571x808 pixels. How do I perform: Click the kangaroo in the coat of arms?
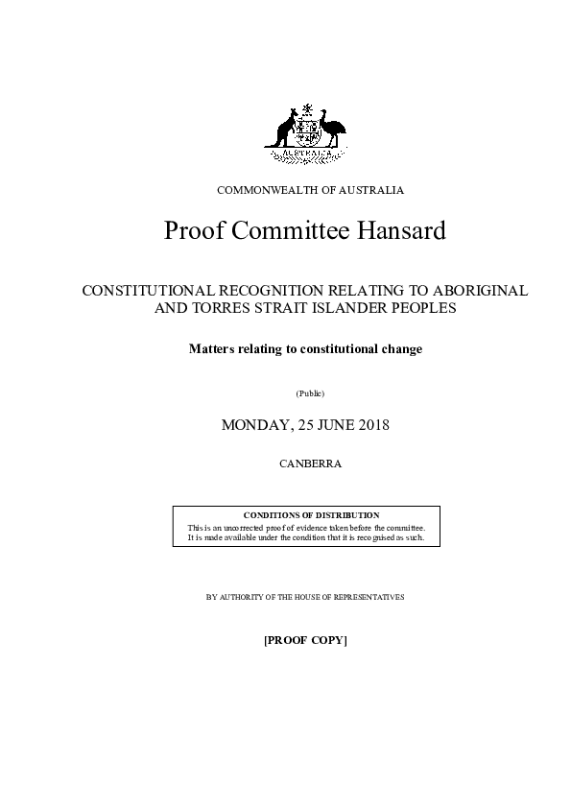click(285, 128)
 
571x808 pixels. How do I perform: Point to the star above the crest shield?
click(306, 107)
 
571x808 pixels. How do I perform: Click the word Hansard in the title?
click(401, 232)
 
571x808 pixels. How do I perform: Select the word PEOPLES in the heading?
click(419, 308)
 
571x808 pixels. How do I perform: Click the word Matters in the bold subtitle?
click(212, 349)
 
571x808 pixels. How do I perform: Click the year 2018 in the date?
click(369, 424)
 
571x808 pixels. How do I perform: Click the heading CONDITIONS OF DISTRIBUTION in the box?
click(305, 516)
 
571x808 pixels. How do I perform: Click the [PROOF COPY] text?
click(305, 639)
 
